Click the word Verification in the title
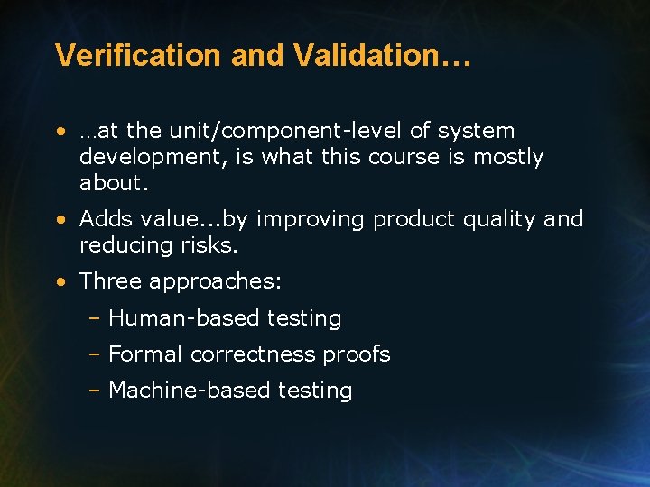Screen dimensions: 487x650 pyautogui.click(x=139, y=55)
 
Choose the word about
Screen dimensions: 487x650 pyautogui.click(x=113, y=183)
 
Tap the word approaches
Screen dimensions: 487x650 pyautogui.click(x=215, y=282)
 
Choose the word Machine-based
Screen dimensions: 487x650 pyautogui.click(x=181, y=391)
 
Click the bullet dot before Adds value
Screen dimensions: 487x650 pyautogui.click(x=59, y=219)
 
